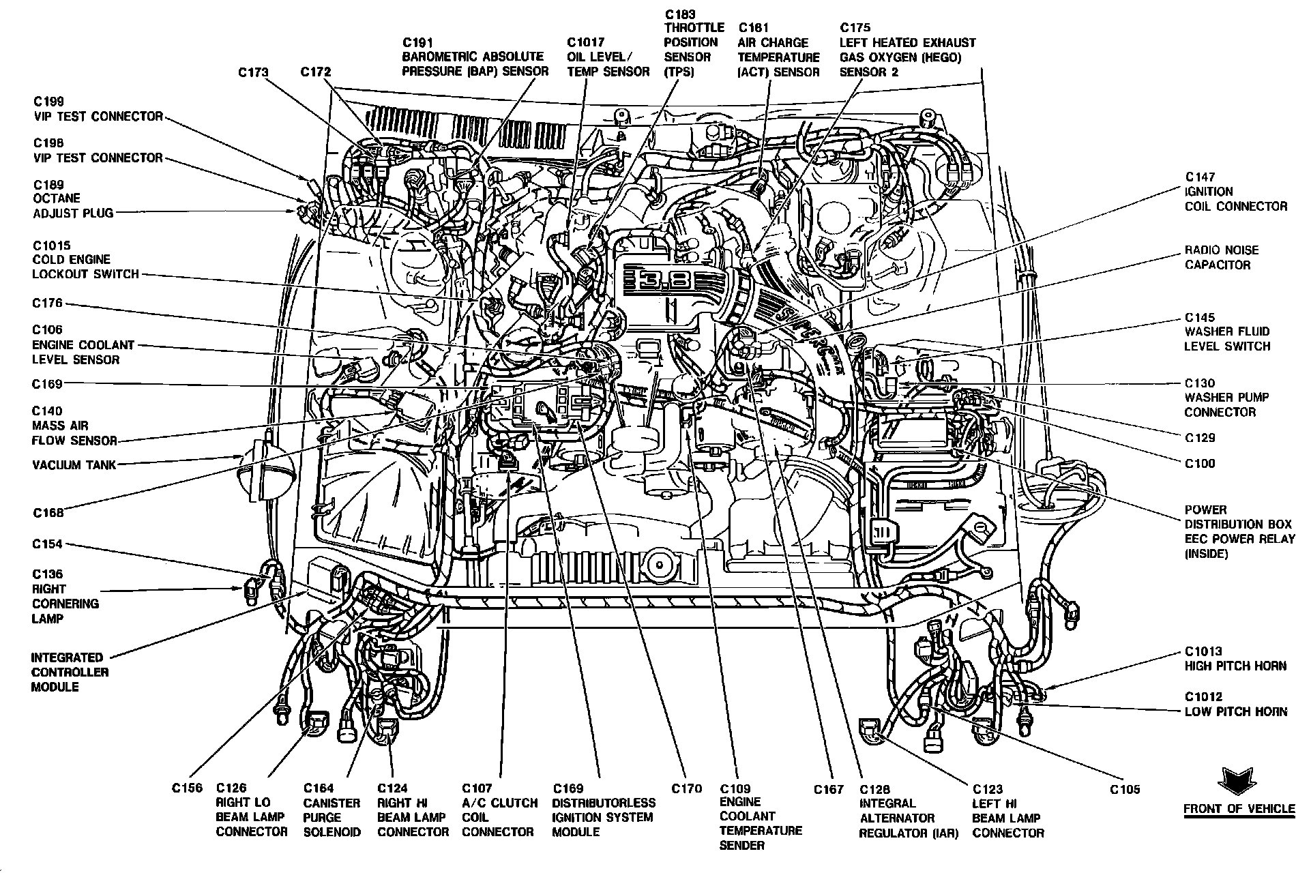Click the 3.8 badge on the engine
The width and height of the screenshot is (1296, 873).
(656, 280)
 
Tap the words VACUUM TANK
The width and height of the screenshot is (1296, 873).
(74, 465)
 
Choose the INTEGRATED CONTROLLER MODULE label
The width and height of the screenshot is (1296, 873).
(70, 672)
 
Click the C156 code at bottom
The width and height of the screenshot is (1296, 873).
(186, 788)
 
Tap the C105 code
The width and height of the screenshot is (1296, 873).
(1125, 790)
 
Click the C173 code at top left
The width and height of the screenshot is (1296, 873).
(253, 72)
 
